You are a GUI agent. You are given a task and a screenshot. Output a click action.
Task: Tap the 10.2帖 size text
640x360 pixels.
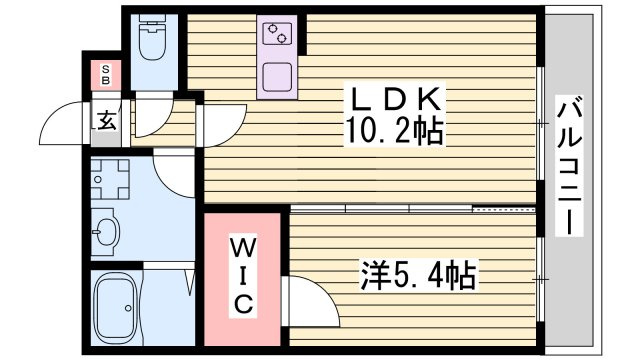click(x=393, y=131)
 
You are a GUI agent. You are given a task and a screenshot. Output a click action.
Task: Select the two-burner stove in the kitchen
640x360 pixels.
click(x=278, y=36)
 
